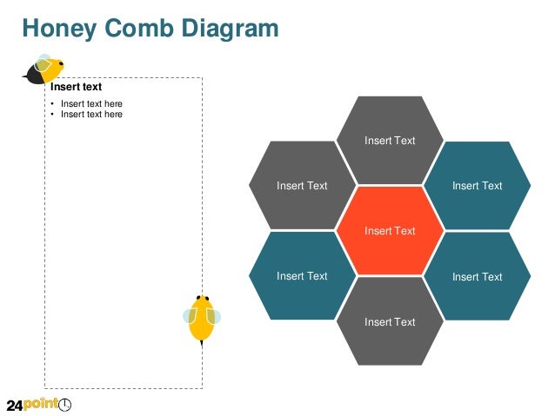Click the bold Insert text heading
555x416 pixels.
click(76, 87)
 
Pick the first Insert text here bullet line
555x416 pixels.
click(91, 104)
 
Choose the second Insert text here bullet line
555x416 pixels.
click(91, 115)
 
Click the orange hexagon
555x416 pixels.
click(390, 231)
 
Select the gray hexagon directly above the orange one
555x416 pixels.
click(390, 140)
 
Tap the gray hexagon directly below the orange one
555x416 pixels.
click(390, 322)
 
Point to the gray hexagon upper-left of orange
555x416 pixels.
click(302, 185)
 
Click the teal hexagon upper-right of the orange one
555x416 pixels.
click(478, 185)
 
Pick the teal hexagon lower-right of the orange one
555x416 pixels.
click(478, 276)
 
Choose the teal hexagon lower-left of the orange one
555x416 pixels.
click(302, 276)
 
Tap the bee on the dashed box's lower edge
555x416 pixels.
click(202, 319)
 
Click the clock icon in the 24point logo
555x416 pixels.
click(65, 405)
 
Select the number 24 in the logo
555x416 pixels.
click(14, 405)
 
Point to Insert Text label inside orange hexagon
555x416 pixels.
click(390, 231)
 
